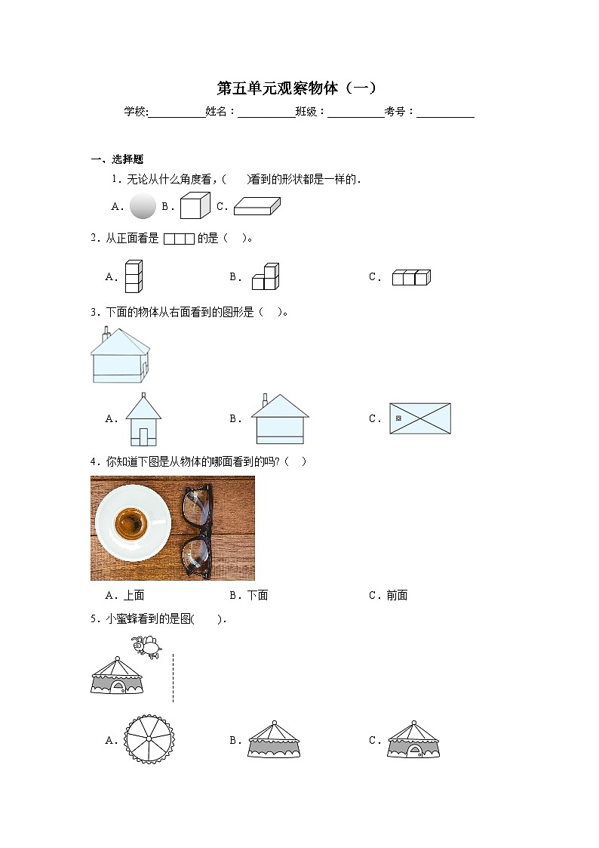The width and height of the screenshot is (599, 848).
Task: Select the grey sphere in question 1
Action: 143,205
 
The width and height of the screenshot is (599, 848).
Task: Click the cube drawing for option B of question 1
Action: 195,205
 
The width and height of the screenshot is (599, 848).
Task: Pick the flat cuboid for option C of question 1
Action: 256,206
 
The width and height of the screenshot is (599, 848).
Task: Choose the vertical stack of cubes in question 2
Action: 134,276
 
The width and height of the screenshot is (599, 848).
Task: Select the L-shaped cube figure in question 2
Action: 266,276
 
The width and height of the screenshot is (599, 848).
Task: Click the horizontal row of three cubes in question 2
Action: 410,277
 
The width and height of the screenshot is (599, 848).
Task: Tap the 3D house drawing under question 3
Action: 120,356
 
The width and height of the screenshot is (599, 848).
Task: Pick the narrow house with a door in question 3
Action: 143,420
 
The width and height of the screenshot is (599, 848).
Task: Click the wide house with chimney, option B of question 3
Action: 279,419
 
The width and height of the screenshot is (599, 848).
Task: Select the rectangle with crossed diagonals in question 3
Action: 420,418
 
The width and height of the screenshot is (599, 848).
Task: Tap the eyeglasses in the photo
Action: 197,528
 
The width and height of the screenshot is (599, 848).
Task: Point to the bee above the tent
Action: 146,646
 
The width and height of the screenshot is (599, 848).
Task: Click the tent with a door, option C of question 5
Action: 413,740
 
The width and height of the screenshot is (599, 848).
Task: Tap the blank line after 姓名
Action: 267,113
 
